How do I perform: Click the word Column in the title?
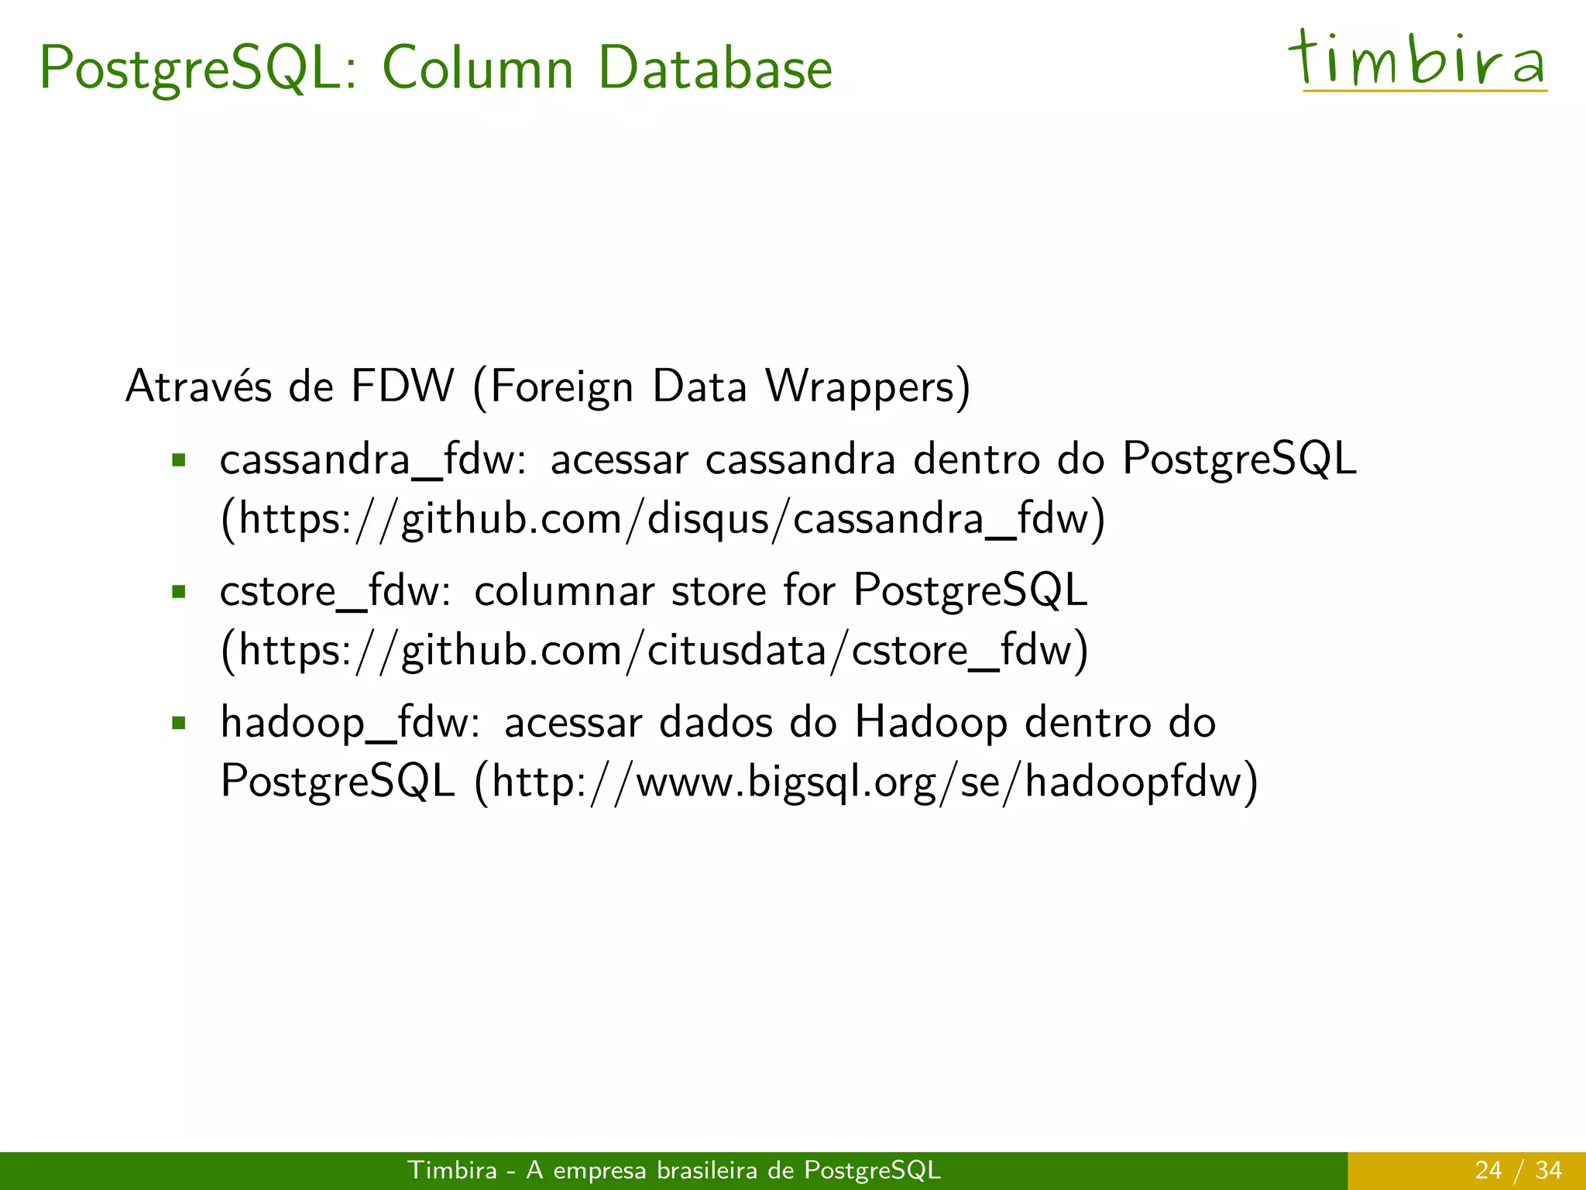(x=478, y=68)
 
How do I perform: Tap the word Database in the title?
(x=715, y=68)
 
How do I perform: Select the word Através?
(x=198, y=386)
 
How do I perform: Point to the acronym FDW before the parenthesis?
(x=402, y=386)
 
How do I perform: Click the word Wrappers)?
(x=867, y=387)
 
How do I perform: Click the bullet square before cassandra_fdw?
(x=180, y=461)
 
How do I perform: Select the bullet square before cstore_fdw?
(x=180, y=593)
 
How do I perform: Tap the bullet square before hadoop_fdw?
(x=180, y=724)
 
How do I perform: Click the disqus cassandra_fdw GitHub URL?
(x=664, y=519)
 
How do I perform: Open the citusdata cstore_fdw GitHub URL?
(x=655, y=651)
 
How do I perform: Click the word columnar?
(x=565, y=592)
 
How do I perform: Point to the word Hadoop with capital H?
(x=931, y=724)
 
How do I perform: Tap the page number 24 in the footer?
(x=1488, y=1170)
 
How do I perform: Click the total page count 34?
(x=1548, y=1170)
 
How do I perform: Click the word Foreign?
(x=561, y=387)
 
